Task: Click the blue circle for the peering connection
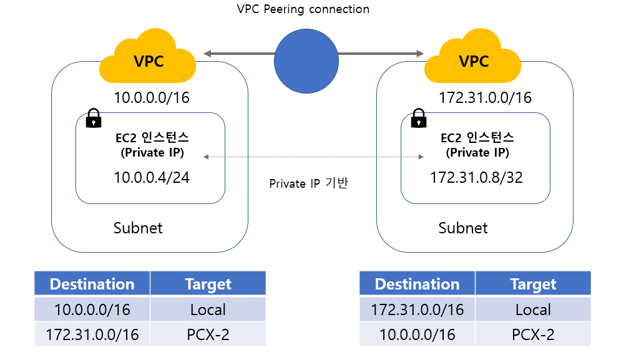coord(306,61)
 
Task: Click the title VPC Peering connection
coord(303,9)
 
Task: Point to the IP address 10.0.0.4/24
coord(151,177)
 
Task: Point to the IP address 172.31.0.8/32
coord(476,177)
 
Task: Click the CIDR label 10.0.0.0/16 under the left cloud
coord(151,98)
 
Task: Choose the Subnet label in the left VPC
coord(138,228)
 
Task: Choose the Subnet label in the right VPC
coord(463,228)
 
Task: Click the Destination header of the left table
coord(92,284)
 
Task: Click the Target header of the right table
coord(532,284)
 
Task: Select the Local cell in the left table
coord(208,309)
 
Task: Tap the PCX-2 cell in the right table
coord(532,334)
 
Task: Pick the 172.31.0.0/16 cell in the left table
coord(92,334)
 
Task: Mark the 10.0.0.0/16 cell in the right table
coord(417,334)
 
